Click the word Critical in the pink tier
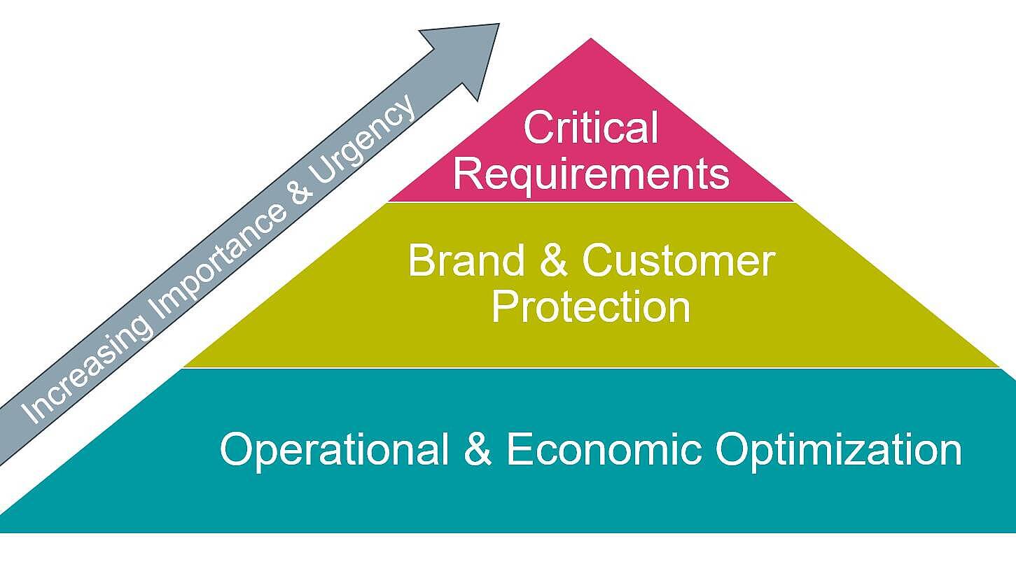coord(590,128)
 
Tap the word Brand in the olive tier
coord(466,260)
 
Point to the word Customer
coord(678,260)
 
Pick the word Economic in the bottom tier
coord(603,449)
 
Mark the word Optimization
coord(838,449)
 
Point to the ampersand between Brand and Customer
coord(552,260)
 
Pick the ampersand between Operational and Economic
coord(478,449)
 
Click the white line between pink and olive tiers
coord(590,202)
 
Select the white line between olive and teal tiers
coord(590,367)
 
